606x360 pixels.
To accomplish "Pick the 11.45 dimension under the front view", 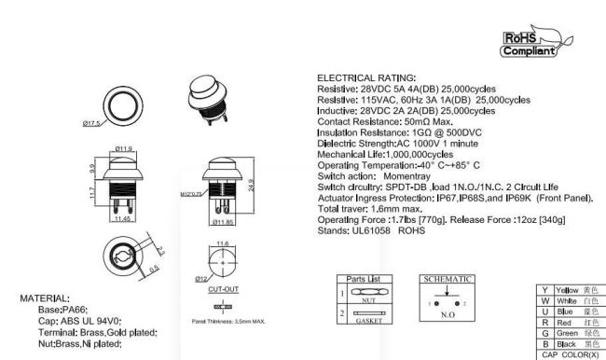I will click(x=123, y=220).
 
